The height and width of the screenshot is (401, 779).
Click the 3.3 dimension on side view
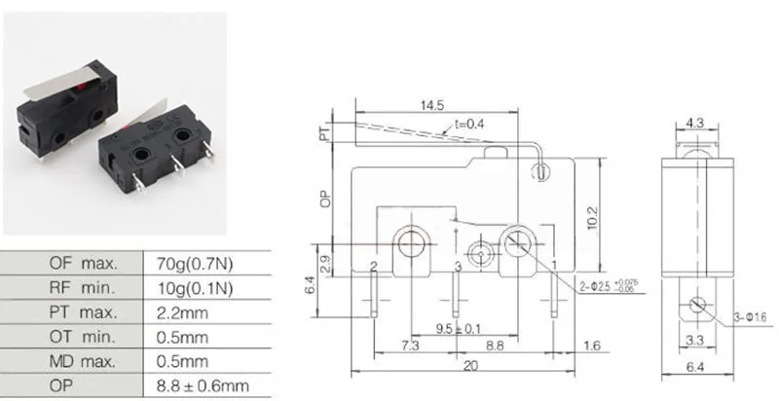[x=694, y=341]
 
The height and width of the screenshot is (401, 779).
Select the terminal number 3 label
[x=458, y=267]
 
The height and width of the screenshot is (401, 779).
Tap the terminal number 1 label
[x=553, y=265]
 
